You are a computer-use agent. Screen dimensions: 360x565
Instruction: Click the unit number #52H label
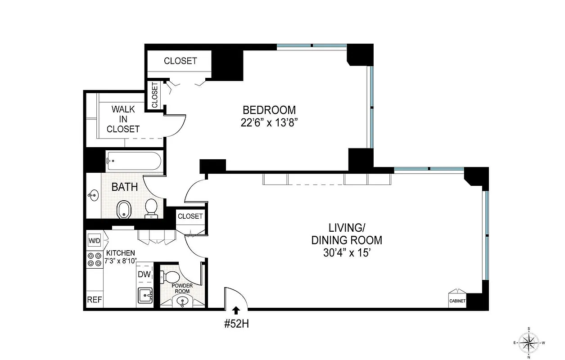coord(236,324)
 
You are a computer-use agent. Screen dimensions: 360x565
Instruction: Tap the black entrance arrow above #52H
coord(235,309)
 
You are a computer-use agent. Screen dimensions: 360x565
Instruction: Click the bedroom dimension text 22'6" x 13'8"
coord(269,123)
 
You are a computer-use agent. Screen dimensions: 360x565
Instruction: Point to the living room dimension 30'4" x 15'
coord(346,253)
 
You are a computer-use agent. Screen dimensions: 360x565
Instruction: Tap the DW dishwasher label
coord(144,274)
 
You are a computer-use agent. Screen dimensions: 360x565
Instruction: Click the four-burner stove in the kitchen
coord(95,259)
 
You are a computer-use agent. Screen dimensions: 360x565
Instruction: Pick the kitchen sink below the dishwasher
coord(145,297)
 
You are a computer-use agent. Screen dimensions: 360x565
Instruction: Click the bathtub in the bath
coord(134,161)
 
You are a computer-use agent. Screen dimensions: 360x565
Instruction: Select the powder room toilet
coord(171,275)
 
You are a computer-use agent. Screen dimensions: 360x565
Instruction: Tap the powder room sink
coord(182,301)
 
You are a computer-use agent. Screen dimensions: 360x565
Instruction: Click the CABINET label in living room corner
coord(457,301)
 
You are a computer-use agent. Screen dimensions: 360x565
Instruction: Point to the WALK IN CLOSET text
coord(123,119)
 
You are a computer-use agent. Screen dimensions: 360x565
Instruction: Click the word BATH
coord(124,187)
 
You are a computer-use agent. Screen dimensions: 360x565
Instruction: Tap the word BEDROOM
coord(269,110)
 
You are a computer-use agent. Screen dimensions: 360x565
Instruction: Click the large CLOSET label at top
coord(180,61)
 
